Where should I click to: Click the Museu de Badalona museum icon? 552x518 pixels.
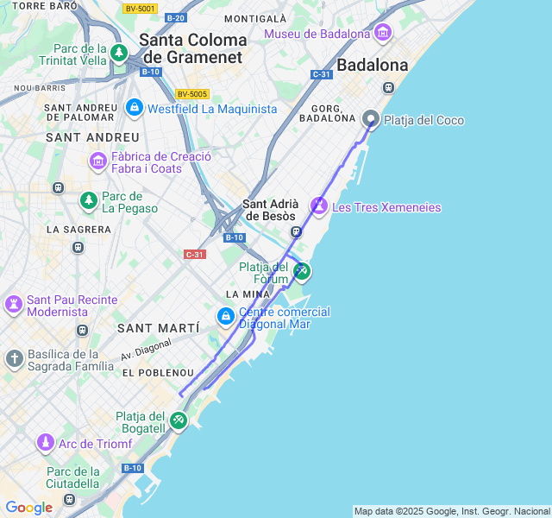pyautogui.click(x=383, y=34)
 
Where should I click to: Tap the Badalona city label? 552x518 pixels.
pyautogui.click(x=372, y=65)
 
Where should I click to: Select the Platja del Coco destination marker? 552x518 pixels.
pyautogui.click(x=371, y=119)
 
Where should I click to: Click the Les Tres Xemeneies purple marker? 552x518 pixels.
pyautogui.click(x=319, y=206)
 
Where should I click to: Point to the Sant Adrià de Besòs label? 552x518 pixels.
pyautogui.click(x=270, y=210)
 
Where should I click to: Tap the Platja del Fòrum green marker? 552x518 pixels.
pyautogui.click(x=301, y=271)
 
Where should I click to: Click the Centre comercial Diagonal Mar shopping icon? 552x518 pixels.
pyautogui.click(x=226, y=317)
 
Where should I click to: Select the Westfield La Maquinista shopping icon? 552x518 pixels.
pyautogui.click(x=134, y=108)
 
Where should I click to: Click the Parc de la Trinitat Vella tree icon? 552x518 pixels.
pyautogui.click(x=119, y=54)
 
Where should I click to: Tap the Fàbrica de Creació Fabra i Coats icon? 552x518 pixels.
pyautogui.click(x=97, y=161)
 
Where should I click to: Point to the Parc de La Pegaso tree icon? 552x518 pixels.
pyautogui.click(x=88, y=201)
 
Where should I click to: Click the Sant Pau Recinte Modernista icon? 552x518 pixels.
pyautogui.click(x=14, y=304)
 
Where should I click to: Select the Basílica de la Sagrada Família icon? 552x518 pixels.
pyautogui.click(x=14, y=358)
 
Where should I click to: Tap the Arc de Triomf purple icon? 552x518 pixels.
pyautogui.click(x=45, y=443)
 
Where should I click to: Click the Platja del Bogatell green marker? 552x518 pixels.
pyautogui.click(x=178, y=420)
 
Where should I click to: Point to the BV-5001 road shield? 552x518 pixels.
pyautogui.click(x=140, y=9)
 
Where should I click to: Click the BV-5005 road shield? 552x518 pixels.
pyautogui.click(x=192, y=93)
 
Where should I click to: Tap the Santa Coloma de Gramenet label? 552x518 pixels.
pyautogui.click(x=192, y=47)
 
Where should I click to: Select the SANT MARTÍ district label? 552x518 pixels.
pyautogui.click(x=158, y=328)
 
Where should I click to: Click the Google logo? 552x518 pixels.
pyautogui.click(x=28, y=508)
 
